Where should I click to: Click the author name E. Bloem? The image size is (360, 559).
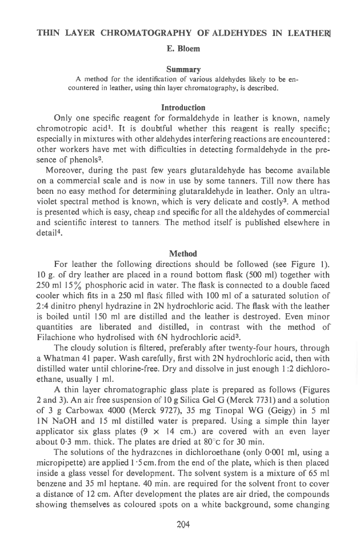pos(179,50)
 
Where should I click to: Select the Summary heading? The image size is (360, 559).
pos(179,69)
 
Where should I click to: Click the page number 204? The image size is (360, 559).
pos(182,524)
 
